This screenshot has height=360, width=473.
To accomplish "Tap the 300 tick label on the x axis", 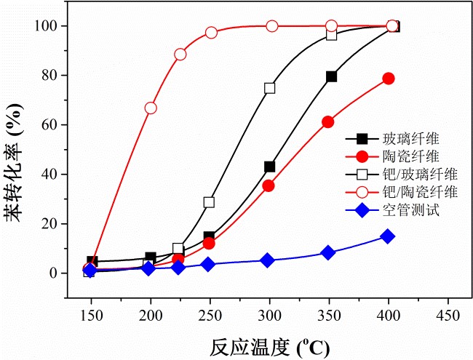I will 269,317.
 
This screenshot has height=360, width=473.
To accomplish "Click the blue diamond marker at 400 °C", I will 388,236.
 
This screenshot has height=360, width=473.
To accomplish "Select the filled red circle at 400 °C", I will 389,79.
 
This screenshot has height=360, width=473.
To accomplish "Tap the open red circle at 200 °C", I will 151,108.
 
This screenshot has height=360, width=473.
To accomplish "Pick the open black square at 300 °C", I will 270,88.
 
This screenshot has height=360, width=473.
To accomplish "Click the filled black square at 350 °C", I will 331,76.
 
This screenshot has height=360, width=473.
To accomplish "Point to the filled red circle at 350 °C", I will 328,122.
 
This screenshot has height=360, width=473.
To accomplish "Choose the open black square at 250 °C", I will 210,202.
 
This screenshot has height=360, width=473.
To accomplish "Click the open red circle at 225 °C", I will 180,55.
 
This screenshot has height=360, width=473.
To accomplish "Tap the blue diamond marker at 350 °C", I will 328,253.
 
